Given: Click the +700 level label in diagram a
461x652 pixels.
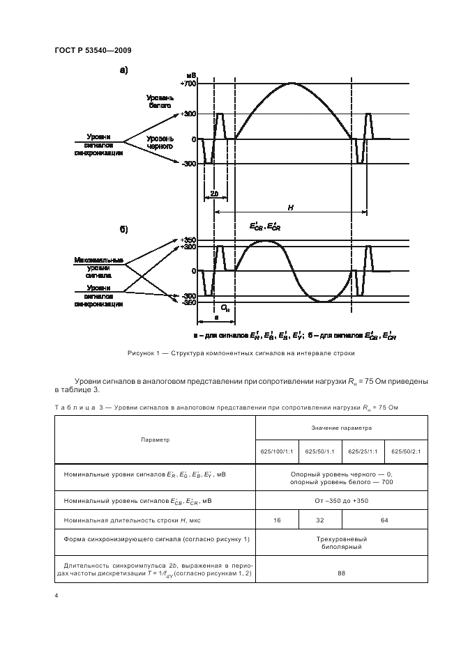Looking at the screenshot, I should (188, 84).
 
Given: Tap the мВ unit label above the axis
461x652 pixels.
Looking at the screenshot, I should (191, 75).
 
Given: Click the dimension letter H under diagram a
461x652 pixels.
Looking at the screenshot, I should (289, 207).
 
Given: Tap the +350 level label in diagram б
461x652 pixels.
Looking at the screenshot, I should (188, 240).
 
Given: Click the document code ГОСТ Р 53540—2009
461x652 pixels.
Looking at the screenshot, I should (91, 50).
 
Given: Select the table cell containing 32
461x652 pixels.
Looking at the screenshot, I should (320, 519).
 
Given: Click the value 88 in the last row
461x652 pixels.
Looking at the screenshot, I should (342, 574).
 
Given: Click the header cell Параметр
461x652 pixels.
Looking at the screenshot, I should (154, 440).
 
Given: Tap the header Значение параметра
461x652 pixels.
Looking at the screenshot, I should (342, 427).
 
